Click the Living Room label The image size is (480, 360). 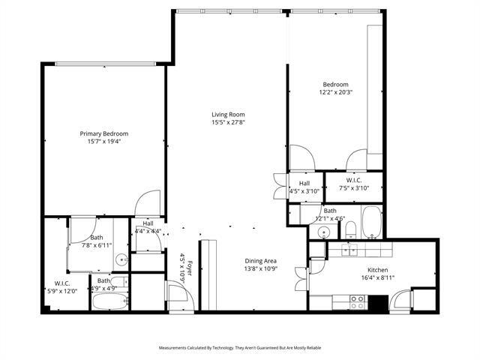coord(227,114)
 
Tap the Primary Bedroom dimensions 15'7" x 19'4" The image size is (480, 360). coord(104,141)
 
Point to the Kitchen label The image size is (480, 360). coord(376,269)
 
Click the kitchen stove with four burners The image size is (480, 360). coord(358,302)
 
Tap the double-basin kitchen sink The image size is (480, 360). coord(350,250)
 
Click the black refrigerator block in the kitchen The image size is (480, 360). coord(378,303)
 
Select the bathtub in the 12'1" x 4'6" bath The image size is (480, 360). coord(372,223)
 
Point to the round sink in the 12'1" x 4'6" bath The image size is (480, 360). coord(323,232)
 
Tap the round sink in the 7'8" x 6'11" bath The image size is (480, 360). coord(121,260)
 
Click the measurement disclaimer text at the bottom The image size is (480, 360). coord(239,348)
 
